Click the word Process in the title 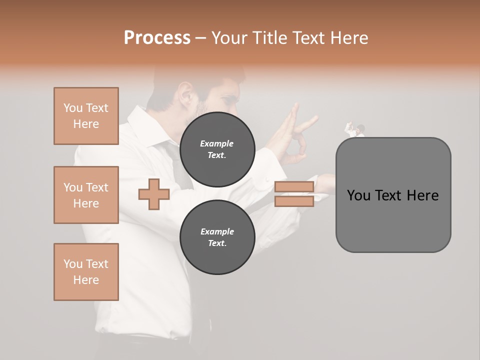click(x=157, y=38)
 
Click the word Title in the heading click(x=269, y=38)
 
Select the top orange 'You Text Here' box click(x=86, y=116)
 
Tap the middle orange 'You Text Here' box click(x=86, y=195)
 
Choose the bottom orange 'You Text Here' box click(x=86, y=272)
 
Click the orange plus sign click(x=153, y=194)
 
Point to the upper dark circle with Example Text click(x=217, y=149)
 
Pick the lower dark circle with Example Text click(x=217, y=237)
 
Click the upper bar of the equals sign click(x=294, y=187)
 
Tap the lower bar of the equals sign click(x=294, y=201)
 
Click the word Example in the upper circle click(x=217, y=143)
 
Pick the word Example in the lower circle click(x=217, y=231)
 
